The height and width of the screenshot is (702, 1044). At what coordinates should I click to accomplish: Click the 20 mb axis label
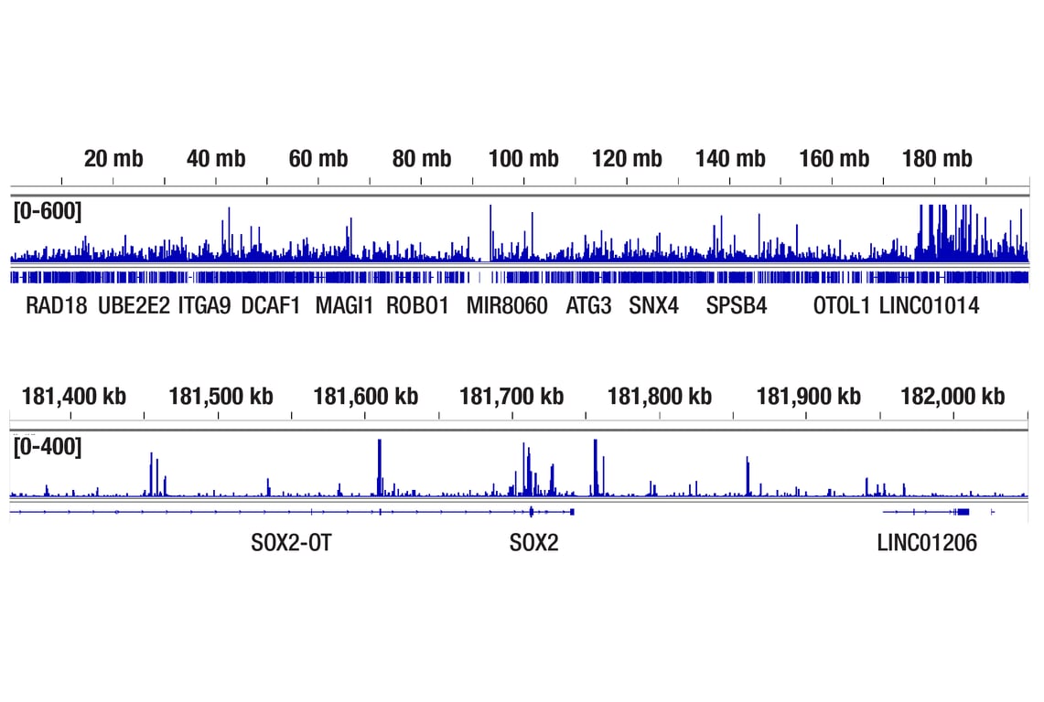point(113,159)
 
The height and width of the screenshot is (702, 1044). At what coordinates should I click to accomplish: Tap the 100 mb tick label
point(523,159)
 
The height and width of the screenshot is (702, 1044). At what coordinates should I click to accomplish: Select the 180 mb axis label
point(936,159)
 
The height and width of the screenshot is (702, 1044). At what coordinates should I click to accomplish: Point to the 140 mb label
point(730,159)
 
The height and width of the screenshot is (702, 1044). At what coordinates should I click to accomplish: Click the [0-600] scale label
point(48,212)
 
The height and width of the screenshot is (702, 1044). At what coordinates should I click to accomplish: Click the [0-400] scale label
point(48,448)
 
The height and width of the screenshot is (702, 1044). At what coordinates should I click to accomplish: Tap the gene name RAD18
point(57,306)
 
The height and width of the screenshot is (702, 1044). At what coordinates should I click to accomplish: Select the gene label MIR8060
point(507,306)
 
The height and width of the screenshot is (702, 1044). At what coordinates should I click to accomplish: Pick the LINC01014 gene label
point(929,306)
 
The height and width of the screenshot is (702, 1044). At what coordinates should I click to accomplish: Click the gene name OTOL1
point(842,306)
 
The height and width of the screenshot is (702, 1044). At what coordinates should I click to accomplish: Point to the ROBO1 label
point(417,306)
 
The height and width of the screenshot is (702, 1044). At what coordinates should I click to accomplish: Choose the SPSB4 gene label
point(737,306)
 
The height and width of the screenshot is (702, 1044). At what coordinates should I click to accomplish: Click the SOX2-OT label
point(291,544)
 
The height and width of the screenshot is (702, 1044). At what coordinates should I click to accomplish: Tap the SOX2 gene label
point(533,544)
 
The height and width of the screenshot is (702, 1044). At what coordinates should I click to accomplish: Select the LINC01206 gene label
point(927,544)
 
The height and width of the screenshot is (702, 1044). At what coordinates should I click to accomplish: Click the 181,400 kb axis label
point(74,397)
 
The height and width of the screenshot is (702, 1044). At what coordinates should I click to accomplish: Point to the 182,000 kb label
point(953,397)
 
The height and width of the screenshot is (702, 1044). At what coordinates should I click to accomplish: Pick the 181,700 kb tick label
point(511,397)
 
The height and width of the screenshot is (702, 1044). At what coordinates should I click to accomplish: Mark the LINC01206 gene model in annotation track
point(933,511)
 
